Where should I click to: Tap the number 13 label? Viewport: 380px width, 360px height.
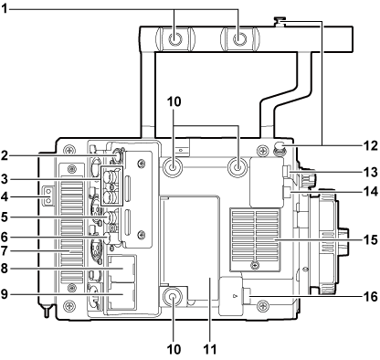370,171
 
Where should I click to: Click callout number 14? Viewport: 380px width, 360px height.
370,192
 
